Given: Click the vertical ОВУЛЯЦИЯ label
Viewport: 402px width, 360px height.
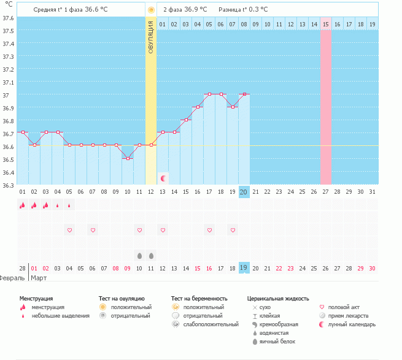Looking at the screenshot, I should (151, 39).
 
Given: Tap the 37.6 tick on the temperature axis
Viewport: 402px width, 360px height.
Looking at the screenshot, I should (8, 17).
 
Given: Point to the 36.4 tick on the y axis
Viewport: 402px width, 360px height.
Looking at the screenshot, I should (8, 172).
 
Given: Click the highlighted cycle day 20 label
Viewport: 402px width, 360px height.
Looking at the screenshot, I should (244, 192).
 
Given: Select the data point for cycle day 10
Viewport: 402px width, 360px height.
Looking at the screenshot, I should (128, 158).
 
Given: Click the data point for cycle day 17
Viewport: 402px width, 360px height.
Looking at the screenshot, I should (209, 94).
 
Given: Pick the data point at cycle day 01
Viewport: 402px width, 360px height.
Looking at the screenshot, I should (23, 132).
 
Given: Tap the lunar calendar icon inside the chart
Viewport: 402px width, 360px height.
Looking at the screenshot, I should (163, 178).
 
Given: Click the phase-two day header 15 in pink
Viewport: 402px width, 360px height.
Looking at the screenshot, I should (325, 24).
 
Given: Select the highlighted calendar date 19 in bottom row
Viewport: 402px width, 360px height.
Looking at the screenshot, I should (244, 268).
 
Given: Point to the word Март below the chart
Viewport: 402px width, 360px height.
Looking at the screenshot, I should (39, 278).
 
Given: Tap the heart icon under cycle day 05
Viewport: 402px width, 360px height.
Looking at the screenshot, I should (69, 230).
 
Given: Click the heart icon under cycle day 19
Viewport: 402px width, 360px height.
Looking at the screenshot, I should (233, 230).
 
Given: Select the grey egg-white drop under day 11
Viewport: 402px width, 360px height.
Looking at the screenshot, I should (139, 255).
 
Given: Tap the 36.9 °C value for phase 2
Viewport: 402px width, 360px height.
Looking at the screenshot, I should (195, 10).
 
